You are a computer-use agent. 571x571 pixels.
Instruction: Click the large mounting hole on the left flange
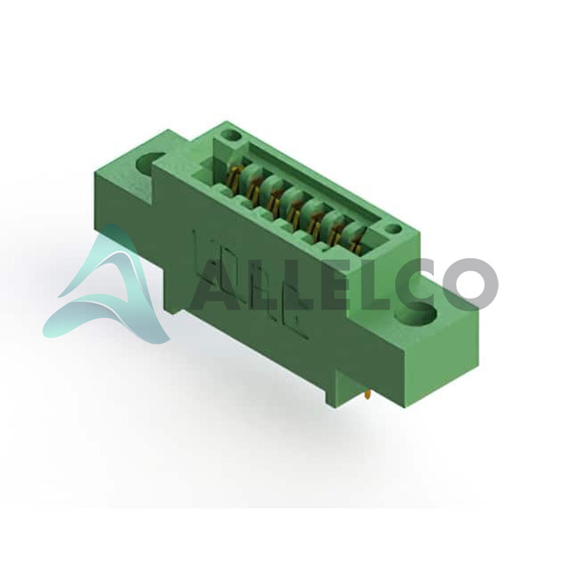pyautogui.click(x=150, y=164)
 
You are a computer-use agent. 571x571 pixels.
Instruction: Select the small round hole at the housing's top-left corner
pyautogui.click(x=231, y=137)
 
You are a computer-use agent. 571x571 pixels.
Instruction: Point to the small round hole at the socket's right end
pyautogui.click(x=392, y=229)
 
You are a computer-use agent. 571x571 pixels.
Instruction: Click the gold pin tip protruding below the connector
pyautogui.click(x=368, y=395)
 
